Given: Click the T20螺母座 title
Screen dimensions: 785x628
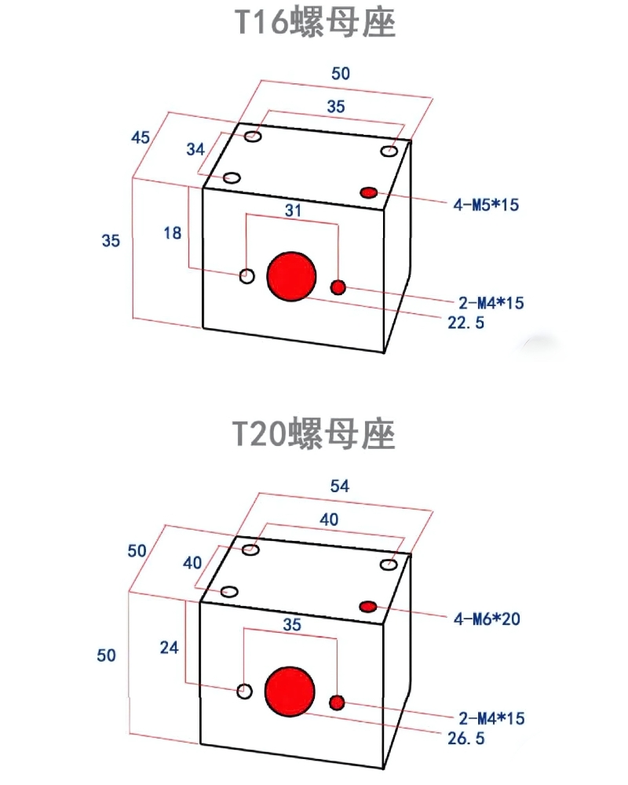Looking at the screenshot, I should (314, 433).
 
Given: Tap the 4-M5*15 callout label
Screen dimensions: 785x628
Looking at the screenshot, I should (487, 205).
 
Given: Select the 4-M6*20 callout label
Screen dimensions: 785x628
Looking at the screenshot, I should (487, 619).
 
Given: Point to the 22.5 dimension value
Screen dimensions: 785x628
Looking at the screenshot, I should (466, 322).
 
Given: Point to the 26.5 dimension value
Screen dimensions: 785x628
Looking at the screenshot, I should (466, 738).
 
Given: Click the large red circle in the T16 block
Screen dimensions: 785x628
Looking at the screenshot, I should (291, 276).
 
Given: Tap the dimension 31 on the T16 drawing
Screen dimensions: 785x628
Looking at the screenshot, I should (293, 210).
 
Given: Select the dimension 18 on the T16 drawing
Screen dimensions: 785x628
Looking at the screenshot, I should (173, 232).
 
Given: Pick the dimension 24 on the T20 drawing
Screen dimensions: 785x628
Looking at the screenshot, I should (170, 648).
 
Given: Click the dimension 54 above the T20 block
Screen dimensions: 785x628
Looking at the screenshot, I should (339, 487).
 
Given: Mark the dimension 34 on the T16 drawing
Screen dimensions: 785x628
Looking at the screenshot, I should (195, 148).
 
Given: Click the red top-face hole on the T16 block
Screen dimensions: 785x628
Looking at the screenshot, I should (369, 192).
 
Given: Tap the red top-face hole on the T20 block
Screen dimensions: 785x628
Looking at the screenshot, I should (369, 606).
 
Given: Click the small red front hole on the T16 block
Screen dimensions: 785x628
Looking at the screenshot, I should (338, 287).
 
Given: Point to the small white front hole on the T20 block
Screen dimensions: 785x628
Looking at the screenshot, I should (245, 691).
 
